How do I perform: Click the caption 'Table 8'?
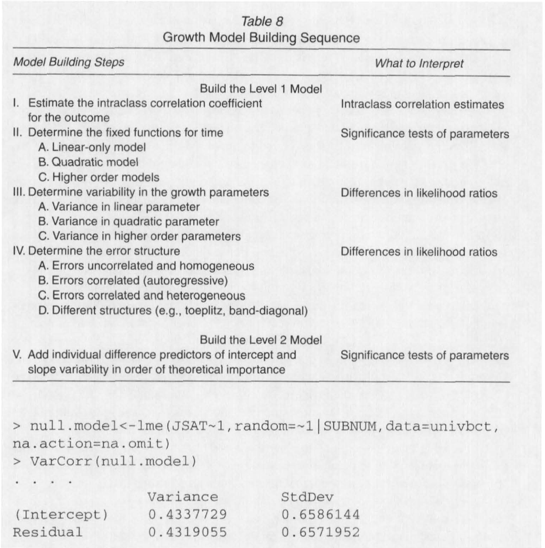[260, 22]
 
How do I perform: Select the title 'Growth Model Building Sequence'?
[261, 38]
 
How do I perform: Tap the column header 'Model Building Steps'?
[69, 63]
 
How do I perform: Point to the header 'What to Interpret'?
[419, 63]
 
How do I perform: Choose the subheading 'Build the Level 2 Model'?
[261, 340]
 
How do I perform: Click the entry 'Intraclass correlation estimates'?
[422, 104]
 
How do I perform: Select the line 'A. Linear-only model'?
[92, 148]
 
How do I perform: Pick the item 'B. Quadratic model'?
[88, 163]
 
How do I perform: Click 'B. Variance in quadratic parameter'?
[129, 222]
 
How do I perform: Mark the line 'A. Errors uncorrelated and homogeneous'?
[146, 266]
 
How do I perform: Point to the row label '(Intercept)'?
[60, 515]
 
